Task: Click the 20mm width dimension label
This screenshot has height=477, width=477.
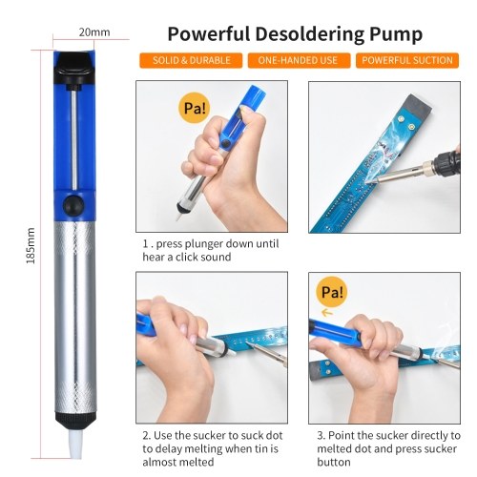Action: [94, 32]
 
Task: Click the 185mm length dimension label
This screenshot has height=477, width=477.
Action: [31, 245]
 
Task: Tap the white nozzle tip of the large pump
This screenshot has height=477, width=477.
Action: [75, 443]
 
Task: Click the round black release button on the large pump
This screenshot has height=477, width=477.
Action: [73, 205]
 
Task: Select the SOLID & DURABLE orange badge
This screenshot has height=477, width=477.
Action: [191, 60]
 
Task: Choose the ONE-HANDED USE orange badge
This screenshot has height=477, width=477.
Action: [299, 60]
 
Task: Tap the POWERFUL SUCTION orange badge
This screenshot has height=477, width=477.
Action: [407, 60]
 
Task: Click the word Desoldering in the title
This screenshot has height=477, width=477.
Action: [310, 34]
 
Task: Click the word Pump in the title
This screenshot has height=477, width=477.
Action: [396, 35]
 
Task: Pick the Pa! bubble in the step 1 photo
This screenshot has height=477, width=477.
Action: [195, 108]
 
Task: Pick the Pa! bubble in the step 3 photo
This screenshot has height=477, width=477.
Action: [332, 292]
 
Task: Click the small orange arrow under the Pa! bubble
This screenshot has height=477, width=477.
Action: [327, 313]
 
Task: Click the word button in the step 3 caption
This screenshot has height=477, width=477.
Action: [334, 462]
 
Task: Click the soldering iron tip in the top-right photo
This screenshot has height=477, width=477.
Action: [372, 182]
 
